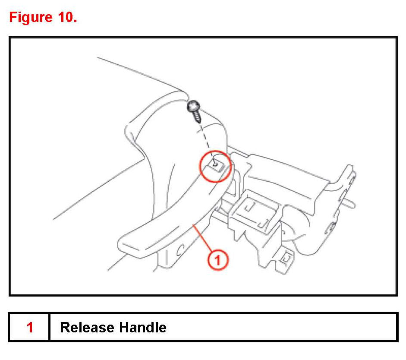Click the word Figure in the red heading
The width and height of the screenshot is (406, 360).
coord(30,18)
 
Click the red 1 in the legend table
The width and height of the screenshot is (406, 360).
coord(30,327)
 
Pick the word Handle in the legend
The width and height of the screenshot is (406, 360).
coord(143,327)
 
